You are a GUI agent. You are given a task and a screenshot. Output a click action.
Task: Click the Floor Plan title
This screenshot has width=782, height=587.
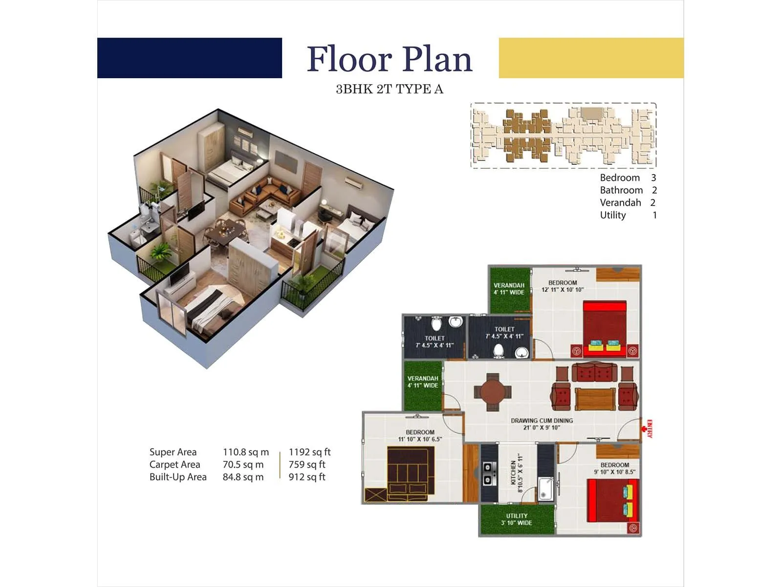390,59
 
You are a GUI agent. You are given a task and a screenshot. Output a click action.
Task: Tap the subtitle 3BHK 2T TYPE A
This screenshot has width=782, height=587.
390,89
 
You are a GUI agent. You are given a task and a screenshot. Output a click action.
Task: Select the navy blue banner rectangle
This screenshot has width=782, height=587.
190,58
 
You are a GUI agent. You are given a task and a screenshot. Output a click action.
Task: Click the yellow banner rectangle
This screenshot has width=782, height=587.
591,58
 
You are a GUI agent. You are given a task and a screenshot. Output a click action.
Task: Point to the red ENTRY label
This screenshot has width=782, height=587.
649,429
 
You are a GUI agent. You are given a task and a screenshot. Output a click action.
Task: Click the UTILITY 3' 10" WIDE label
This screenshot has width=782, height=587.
517,519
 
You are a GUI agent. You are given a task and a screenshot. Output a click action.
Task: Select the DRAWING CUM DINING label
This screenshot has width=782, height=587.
542,424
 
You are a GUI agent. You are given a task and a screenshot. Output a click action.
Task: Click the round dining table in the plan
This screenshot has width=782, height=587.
493,392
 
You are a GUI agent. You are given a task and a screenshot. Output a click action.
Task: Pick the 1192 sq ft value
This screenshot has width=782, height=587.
309,452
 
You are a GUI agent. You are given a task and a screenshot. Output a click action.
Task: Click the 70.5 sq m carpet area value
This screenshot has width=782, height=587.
243,465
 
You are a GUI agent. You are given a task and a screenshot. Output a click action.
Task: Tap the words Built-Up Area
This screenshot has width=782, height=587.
178,477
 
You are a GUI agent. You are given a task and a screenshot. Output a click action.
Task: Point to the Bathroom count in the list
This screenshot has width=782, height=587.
654,190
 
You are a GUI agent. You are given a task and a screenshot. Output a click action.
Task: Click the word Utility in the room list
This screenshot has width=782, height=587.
613,215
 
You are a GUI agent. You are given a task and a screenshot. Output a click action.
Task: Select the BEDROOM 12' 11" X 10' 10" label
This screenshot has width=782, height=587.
563,286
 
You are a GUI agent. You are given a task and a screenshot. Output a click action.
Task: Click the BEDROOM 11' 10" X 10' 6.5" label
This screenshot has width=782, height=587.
420,435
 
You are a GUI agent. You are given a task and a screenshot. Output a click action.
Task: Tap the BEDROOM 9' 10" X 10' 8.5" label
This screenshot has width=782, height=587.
615,468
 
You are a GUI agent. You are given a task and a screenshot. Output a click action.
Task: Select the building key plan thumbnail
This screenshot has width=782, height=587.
563,135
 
